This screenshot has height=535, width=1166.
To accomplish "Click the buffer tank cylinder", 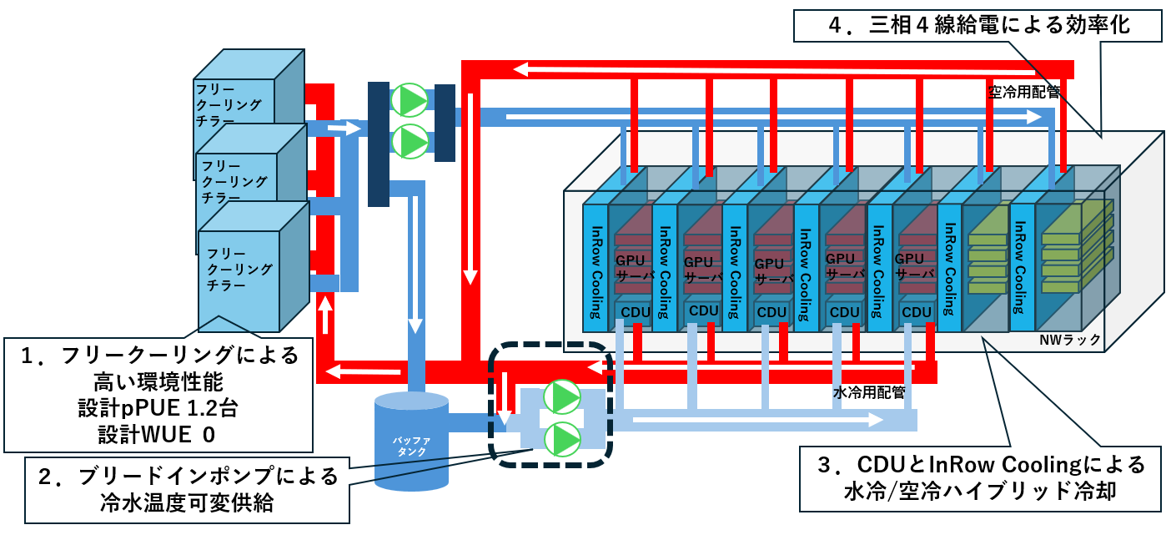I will pyautogui.click(x=410, y=442).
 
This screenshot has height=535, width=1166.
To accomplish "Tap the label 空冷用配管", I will pyautogui.click(x=1023, y=93).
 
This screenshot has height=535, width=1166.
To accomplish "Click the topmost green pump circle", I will pyautogui.click(x=410, y=100).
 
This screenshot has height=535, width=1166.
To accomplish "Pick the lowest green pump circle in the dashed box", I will pyautogui.click(x=562, y=437).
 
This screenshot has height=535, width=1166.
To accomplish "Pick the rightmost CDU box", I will pyautogui.click(x=916, y=312).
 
